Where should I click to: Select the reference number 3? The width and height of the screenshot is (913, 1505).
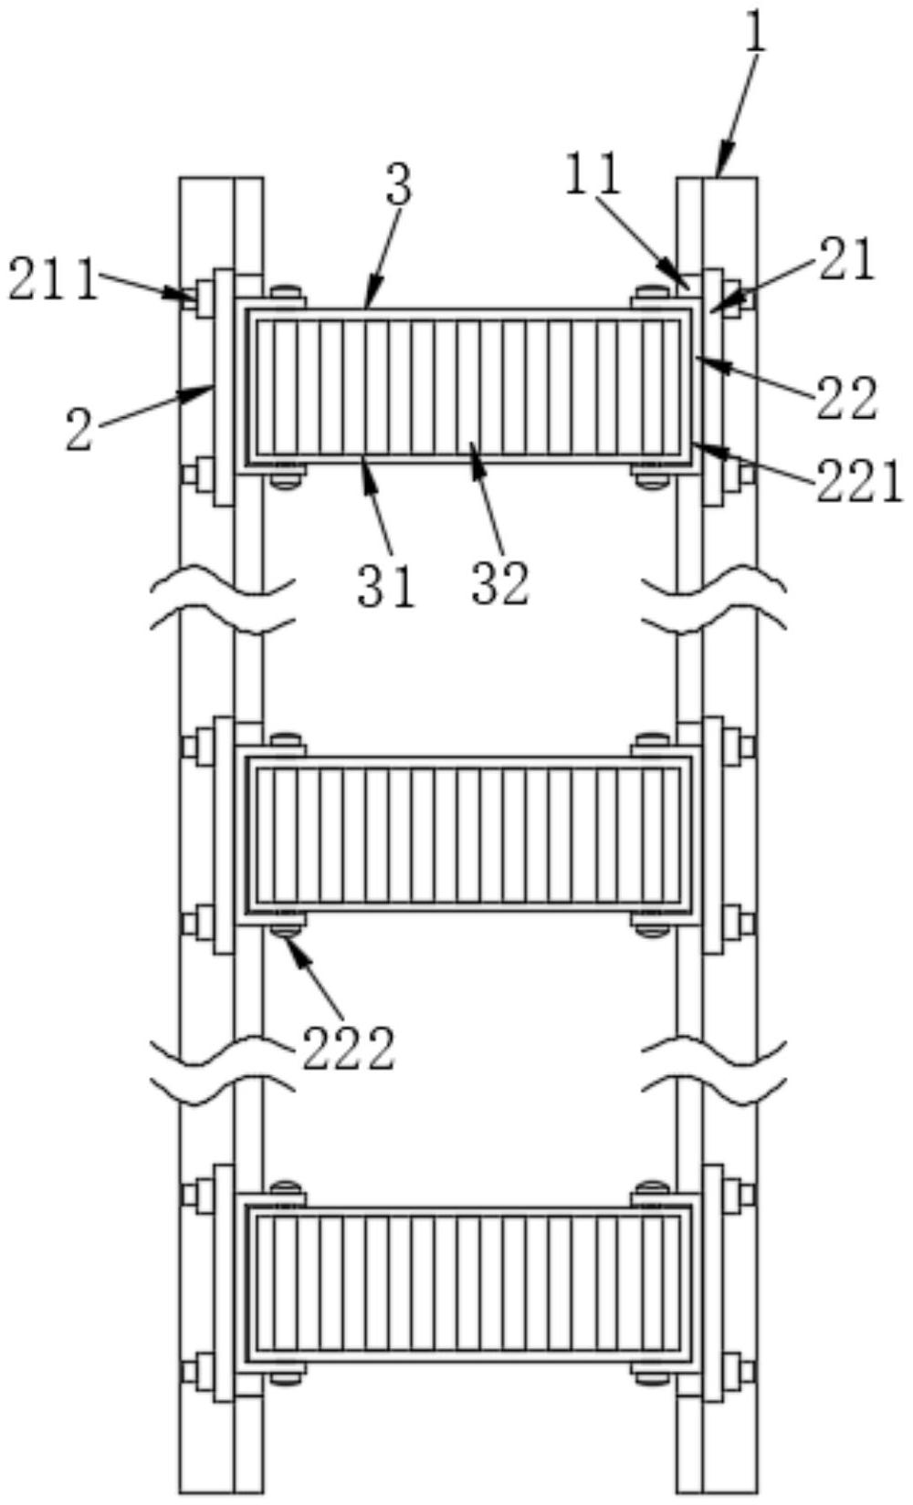[x=397, y=185]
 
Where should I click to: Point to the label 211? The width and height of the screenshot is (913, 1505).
[x=52, y=280]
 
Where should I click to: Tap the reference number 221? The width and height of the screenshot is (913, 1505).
[x=859, y=483]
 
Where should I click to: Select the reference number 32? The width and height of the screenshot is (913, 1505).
[x=500, y=585]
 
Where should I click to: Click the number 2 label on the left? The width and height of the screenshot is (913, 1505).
[x=80, y=430]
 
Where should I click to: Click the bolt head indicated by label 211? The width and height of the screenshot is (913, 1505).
[x=189, y=295]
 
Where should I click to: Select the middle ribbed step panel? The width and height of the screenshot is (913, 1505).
[x=467, y=833]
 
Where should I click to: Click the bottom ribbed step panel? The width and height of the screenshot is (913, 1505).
[x=467, y=1282]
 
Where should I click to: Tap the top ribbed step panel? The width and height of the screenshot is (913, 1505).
[x=467, y=386]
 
